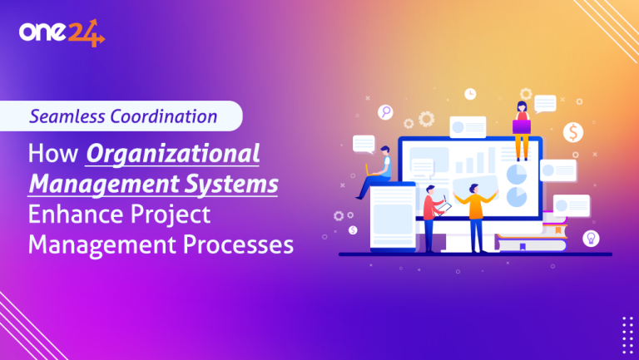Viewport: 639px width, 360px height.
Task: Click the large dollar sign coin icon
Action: point(572,131)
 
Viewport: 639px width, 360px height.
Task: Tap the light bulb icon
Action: point(591,238)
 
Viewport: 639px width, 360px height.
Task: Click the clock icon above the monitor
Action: point(470,93)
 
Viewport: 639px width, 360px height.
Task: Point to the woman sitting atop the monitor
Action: point(522,128)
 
